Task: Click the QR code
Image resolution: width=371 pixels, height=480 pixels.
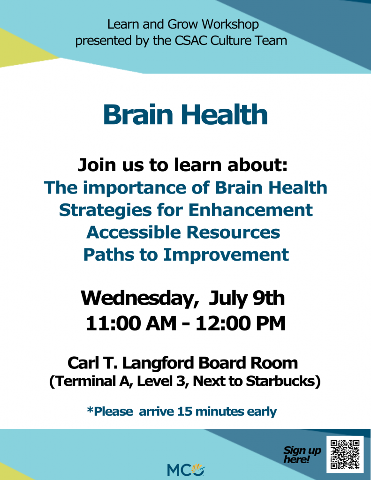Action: click(345, 454)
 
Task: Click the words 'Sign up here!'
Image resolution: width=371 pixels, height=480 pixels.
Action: click(302, 454)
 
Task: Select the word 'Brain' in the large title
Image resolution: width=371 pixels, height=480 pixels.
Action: click(138, 114)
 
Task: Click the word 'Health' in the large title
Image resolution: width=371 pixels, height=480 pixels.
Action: click(225, 114)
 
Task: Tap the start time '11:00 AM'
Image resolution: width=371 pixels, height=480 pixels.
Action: click(131, 323)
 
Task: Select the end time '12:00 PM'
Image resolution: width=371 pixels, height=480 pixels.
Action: click(241, 323)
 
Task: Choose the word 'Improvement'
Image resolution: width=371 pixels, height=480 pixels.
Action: click(226, 255)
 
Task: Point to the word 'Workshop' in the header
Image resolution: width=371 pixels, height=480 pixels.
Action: click(230, 24)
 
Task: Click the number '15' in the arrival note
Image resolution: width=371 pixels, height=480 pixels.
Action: click(184, 412)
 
